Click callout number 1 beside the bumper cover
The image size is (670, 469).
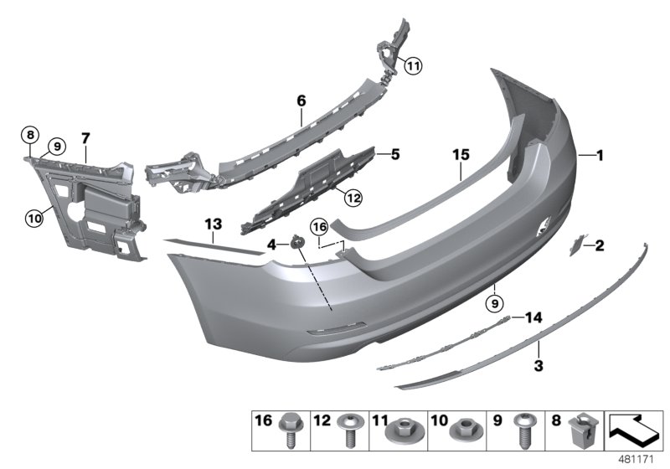tap(599, 154)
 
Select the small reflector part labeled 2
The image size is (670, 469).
tap(577, 244)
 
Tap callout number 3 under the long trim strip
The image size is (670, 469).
tap(539, 366)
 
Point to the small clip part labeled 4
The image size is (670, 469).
tap(296, 243)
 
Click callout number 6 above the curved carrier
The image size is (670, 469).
tap(301, 100)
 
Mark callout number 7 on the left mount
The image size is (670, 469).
tap(85, 136)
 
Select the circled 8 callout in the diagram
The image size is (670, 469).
tap(31, 134)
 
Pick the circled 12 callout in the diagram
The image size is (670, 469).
tap(353, 198)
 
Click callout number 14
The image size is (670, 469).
tap(533, 317)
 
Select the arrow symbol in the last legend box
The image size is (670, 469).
tap(632, 429)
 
